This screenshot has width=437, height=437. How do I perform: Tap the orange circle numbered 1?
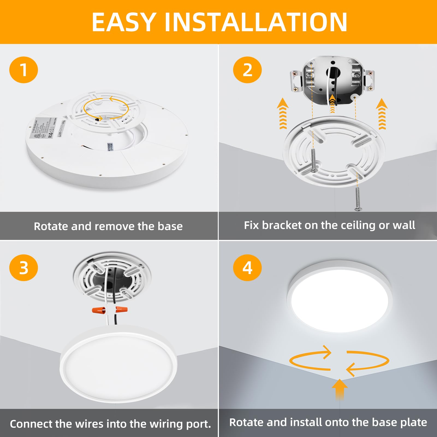click(23, 70)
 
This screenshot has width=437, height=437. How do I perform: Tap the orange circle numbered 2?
click(247, 70)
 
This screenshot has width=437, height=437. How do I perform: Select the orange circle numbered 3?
click(23, 268)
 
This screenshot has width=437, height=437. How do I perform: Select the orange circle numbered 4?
click(247, 268)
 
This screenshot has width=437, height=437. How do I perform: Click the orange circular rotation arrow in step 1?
click(106, 109)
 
